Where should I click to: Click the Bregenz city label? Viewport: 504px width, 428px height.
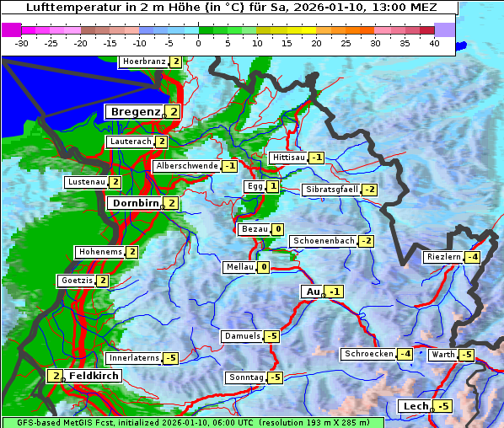(x=135, y=111)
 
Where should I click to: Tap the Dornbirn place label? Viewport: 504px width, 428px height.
(x=135, y=203)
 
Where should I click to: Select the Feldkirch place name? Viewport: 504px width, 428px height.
(x=94, y=375)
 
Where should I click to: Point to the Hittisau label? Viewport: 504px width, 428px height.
(x=289, y=158)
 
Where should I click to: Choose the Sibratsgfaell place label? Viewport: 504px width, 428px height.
(x=331, y=190)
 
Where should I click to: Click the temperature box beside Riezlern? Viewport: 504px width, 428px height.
(x=474, y=257)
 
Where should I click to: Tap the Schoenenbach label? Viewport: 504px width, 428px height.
(x=324, y=241)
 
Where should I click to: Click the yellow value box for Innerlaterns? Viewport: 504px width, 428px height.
(x=170, y=358)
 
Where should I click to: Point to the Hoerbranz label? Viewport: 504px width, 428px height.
(x=143, y=62)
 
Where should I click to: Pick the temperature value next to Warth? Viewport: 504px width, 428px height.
(x=467, y=355)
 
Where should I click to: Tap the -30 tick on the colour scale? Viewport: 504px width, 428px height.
(x=22, y=42)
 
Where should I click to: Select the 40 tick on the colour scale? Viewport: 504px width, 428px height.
(x=434, y=42)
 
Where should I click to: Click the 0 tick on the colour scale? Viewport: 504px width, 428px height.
(x=199, y=42)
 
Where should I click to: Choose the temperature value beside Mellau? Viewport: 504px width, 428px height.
(x=263, y=267)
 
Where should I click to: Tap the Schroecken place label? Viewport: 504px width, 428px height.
(x=369, y=354)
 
